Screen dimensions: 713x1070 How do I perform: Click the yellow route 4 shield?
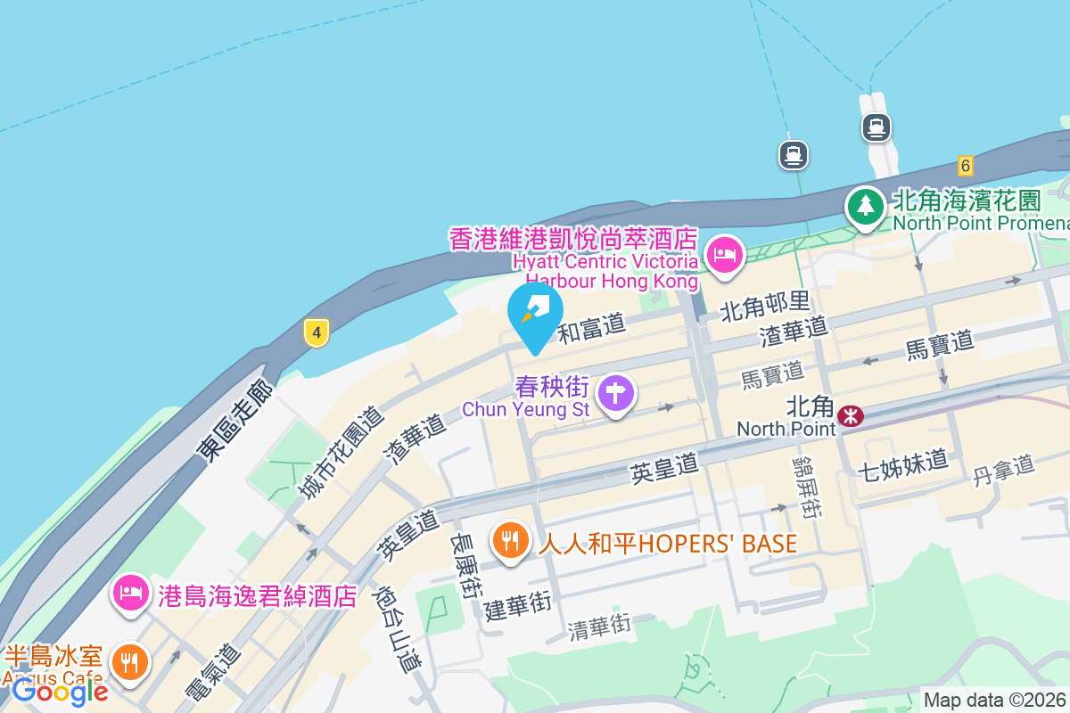coord(316,333)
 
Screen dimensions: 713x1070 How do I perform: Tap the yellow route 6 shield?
coord(965,165)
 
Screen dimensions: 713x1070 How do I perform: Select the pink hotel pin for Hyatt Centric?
coord(725,254)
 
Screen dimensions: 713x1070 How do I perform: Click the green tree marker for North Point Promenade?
coord(864,207)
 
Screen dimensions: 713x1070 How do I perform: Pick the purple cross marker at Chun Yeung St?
coord(616,392)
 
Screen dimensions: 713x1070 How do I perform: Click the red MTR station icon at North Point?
coord(851,415)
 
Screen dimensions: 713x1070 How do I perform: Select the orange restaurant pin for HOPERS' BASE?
coord(510,540)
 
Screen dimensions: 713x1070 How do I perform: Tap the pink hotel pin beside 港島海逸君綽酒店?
coord(131,593)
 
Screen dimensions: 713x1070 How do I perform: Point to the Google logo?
coord(60,691)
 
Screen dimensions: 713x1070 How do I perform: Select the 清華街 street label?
coord(599,627)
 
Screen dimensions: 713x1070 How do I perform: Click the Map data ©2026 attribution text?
coord(994,701)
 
